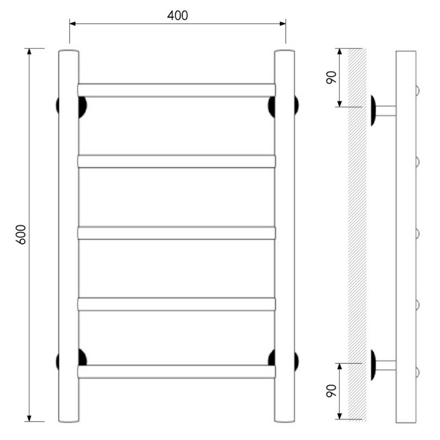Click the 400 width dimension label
click(x=177, y=15)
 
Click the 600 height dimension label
click(x=22, y=235)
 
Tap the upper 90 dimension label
click(x=332, y=77)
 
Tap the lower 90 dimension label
click(x=332, y=391)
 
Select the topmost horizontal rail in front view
click(x=177, y=90)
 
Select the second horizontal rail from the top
click(x=177, y=161)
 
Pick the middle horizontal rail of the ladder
click(x=177, y=233)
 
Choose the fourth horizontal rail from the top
click(x=177, y=304)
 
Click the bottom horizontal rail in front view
click(x=177, y=372)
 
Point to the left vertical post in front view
click(x=68, y=236)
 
